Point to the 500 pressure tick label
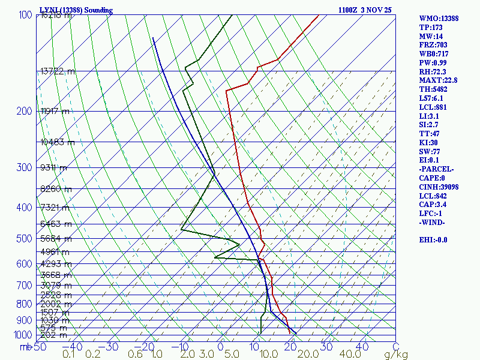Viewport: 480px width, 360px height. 25,239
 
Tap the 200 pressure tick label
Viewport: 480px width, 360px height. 25,111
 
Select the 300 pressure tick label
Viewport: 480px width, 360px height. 25,167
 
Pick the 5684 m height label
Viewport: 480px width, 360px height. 55,239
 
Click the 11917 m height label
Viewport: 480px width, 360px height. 55,111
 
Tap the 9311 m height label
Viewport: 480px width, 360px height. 53,167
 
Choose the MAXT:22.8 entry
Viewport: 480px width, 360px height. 438,80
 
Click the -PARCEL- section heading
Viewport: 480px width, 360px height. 436,169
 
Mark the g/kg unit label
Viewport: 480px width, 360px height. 396,355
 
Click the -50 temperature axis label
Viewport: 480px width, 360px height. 39,347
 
